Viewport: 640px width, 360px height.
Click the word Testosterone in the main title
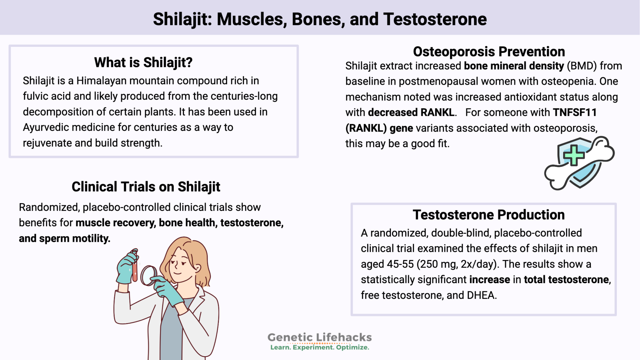tap(435, 19)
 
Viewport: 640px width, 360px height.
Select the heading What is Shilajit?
tap(143, 62)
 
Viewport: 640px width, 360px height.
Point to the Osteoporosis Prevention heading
tap(489, 52)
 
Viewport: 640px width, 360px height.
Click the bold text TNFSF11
tap(575, 112)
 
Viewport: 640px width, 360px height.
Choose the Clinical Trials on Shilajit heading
tap(146, 187)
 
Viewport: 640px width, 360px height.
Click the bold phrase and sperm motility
tap(64, 238)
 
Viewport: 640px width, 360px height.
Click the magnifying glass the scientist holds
tap(148, 275)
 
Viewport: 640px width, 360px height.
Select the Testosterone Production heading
tap(488, 215)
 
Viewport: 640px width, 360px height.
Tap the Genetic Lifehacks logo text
tap(319, 337)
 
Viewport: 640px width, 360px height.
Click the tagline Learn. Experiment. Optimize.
tap(319, 347)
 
